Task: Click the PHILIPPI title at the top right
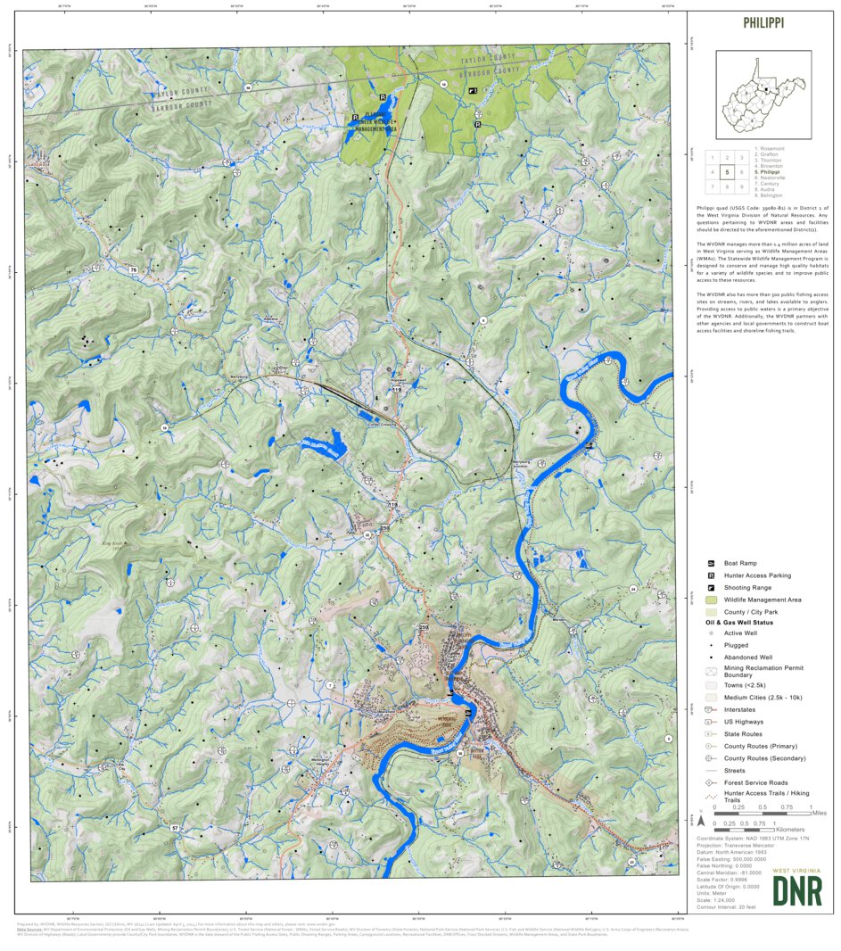click(763, 23)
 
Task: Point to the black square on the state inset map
click(765, 89)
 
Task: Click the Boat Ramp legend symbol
click(711, 564)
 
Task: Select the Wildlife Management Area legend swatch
click(711, 600)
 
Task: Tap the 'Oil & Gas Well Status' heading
click(736, 622)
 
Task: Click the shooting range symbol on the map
click(474, 91)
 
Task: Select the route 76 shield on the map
click(134, 269)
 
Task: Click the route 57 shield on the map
click(175, 829)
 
